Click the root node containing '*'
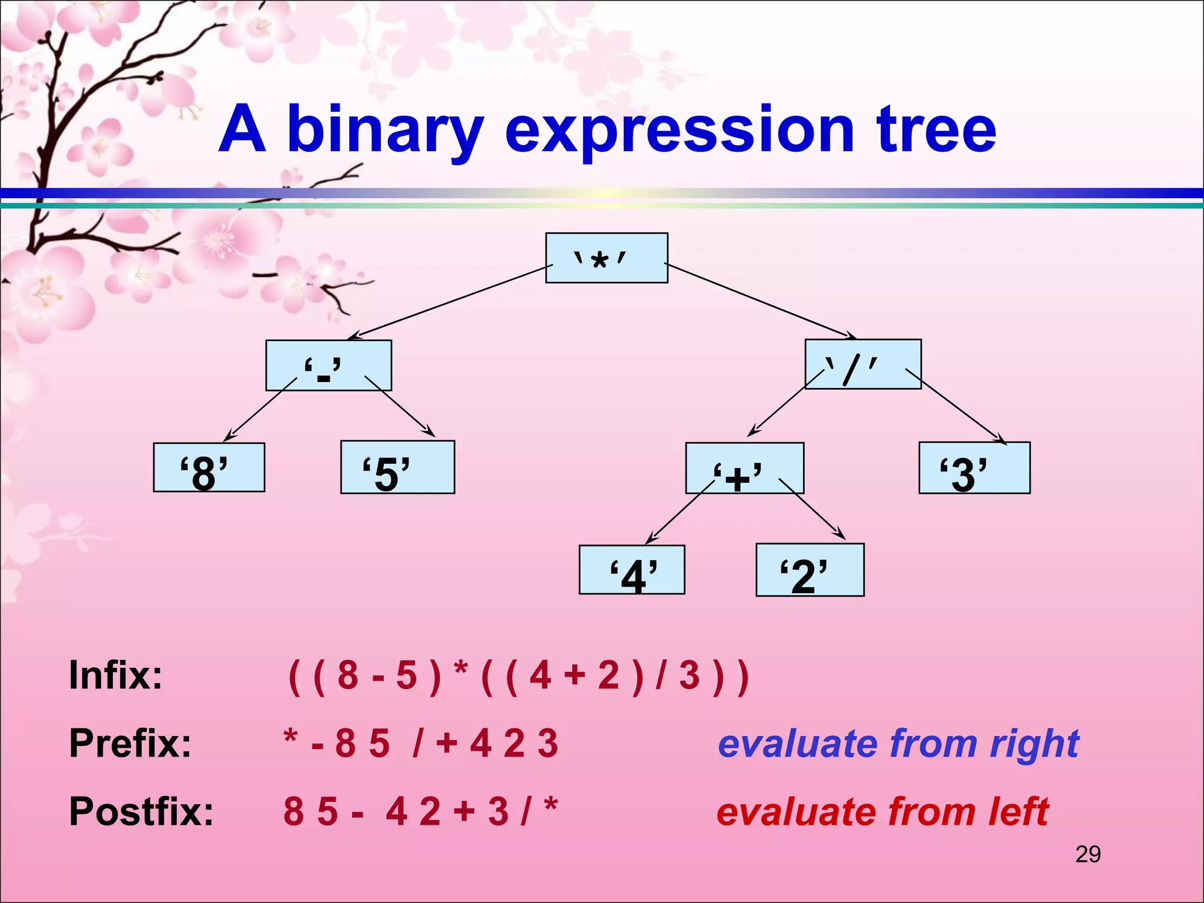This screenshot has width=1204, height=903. point(606,258)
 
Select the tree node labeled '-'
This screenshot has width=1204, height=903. point(328,365)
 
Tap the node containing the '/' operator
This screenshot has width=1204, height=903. point(862,364)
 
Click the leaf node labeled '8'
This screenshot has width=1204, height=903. point(209,467)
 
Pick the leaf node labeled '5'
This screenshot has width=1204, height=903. point(397,467)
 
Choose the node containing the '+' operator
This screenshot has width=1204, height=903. point(744,468)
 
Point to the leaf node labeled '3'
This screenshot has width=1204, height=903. point(974,468)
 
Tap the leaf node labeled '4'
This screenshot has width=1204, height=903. point(631,570)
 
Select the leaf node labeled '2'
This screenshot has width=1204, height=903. point(810,570)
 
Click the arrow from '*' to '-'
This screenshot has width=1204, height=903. point(450,303)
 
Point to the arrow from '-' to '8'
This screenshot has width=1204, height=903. point(260,410)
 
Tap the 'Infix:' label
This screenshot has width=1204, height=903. point(116,675)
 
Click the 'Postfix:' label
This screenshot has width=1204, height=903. point(141,811)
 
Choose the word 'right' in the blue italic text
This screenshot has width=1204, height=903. point(1035,744)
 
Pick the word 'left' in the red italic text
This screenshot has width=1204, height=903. point(1018,812)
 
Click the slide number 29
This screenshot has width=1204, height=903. point(1088,854)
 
